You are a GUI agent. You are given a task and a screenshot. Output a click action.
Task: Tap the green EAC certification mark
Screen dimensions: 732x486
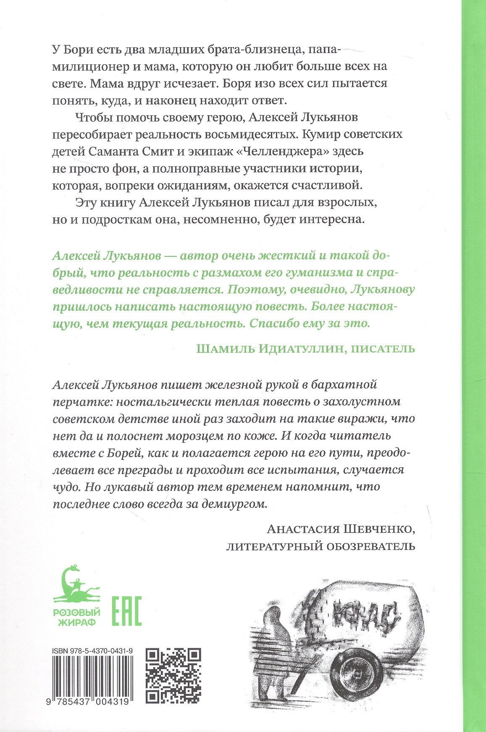point(126,611)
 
